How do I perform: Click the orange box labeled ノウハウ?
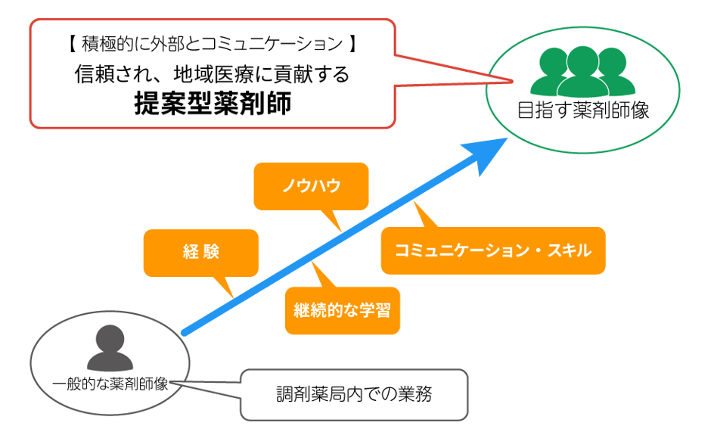pos(311,185)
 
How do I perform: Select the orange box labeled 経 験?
pos(200,253)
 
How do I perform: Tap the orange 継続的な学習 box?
pos(342,310)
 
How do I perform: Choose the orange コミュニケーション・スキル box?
pos(492,250)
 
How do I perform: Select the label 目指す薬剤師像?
pos(582,110)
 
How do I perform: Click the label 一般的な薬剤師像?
pos(110,383)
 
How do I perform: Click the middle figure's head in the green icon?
pos(582,57)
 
